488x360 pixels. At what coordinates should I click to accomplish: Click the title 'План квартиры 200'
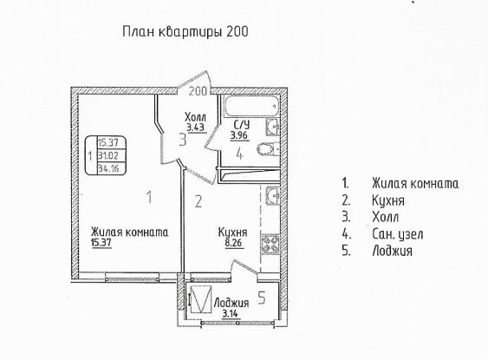point(185,32)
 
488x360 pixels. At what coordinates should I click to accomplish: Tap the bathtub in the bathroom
point(251,106)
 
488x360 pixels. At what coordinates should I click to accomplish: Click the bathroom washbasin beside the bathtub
point(273,127)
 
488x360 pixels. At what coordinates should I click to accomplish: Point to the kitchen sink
point(273,195)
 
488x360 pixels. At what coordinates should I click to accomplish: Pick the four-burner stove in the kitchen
point(270,244)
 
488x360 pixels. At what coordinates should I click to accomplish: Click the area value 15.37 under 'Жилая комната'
point(101,243)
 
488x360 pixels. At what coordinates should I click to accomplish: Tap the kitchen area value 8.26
point(235,243)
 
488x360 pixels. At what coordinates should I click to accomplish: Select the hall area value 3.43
point(197,128)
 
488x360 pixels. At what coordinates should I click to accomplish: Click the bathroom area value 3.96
point(239,136)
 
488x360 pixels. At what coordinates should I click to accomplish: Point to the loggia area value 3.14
point(231,313)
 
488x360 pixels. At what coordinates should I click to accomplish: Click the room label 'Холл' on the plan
point(195,118)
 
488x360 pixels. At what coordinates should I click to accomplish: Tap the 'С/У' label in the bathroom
point(242,126)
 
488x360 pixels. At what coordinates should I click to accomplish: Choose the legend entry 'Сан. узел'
point(398,234)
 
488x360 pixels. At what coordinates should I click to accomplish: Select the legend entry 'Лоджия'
point(392,251)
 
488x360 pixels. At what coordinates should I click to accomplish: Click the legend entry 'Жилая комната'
point(415,183)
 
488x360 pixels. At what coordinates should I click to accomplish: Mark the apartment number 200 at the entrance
point(198,91)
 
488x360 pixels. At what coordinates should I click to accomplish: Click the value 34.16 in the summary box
point(108,169)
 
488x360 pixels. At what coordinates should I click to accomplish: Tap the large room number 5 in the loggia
point(262,298)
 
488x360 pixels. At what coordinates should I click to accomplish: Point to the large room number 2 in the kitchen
point(198,201)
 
